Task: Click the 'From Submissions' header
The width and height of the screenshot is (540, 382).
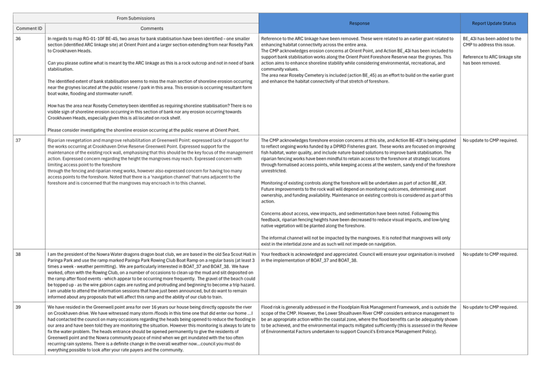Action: tap(135, 18)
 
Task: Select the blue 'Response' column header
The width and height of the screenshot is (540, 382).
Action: tap(359, 24)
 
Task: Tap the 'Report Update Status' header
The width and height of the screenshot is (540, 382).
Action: tap(494, 24)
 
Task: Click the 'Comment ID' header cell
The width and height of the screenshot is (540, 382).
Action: tap(29, 28)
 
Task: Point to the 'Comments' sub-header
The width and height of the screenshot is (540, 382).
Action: tap(152, 28)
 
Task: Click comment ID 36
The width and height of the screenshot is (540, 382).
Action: tap(18, 39)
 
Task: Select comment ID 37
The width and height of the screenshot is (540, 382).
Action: tap(18, 140)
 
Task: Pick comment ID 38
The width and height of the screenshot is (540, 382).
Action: tap(18, 254)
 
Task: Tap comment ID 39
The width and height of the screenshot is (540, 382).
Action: tap(18, 307)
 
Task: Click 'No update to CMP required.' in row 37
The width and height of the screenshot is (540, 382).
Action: tap(490, 140)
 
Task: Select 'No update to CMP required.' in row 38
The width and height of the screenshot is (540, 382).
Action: tap(490, 254)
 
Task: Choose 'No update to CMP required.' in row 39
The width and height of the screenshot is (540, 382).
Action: tap(490, 307)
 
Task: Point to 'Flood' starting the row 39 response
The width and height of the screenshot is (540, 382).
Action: tap(267, 307)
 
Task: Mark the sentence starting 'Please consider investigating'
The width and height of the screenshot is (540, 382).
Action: tap(143, 130)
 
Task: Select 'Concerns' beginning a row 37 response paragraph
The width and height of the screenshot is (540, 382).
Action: tap(271, 213)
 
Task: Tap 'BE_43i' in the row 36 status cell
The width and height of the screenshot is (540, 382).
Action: tap(470, 39)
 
